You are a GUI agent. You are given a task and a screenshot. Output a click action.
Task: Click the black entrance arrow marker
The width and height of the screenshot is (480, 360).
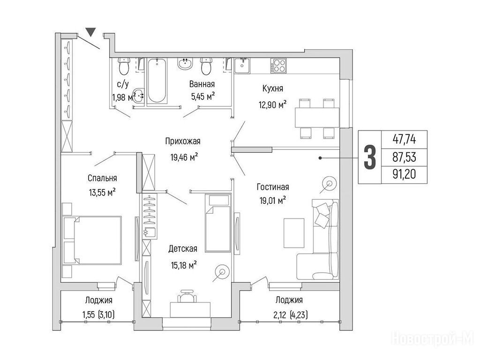[x=90, y=32]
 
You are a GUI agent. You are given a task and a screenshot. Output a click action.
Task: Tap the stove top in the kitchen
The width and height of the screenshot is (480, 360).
[x=278, y=66]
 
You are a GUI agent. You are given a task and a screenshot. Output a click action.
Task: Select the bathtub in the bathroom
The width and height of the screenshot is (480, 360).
[x=157, y=81]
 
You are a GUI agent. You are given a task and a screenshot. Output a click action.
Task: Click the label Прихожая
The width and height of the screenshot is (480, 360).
[x=183, y=142]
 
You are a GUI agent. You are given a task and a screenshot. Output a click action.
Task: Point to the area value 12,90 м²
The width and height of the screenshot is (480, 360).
[x=272, y=105]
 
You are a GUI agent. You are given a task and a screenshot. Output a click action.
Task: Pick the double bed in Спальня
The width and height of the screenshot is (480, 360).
[x=92, y=240]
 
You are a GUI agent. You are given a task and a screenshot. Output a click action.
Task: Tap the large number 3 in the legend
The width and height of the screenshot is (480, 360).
[x=370, y=157]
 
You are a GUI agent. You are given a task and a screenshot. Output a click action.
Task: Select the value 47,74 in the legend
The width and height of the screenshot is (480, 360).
[x=405, y=140]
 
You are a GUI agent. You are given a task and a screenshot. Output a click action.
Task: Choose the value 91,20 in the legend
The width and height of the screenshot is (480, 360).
[x=405, y=174]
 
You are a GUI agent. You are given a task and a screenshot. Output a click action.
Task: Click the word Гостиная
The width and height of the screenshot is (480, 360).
[x=273, y=187]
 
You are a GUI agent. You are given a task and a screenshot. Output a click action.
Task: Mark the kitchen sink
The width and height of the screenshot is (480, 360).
[x=242, y=66]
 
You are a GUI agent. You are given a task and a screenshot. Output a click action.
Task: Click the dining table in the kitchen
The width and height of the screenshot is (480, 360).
[x=317, y=118]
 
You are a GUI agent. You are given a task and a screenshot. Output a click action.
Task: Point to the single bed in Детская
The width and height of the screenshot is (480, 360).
[x=217, y=223]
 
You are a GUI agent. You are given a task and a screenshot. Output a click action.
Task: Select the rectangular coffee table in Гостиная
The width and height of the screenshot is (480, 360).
[x=294, y=233]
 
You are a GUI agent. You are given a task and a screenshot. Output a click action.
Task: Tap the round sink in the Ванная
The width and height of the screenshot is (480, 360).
[x=185, y=64]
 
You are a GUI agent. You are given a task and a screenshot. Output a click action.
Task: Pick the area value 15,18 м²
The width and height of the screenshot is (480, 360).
[x=184, y=265]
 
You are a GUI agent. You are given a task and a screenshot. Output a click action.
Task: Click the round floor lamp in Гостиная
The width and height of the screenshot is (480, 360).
[x=330, y=184]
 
